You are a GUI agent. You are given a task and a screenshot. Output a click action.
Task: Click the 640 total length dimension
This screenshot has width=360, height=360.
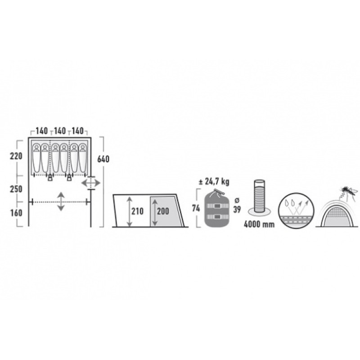(x=103, y=159)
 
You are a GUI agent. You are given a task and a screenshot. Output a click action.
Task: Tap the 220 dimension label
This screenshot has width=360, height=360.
(x=16, y=156)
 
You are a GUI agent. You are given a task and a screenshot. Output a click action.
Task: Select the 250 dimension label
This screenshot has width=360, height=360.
(x=16, y=189)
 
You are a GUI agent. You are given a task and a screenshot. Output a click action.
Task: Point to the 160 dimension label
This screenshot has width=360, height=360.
(x=16, y=213)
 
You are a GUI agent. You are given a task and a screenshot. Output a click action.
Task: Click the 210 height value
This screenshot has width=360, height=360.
(x=137, y=211)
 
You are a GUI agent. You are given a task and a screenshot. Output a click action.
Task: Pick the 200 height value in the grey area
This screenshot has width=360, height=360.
(x=163, y=211)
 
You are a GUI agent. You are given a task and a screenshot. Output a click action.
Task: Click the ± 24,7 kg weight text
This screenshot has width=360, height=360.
(x=214, y=182)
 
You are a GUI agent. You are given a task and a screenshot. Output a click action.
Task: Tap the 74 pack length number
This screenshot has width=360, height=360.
(x=196, y=208)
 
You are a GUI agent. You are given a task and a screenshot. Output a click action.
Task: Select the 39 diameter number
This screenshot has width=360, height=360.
(x=237, y=209)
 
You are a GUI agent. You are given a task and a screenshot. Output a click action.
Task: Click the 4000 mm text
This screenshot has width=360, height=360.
(x=259, y=224)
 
